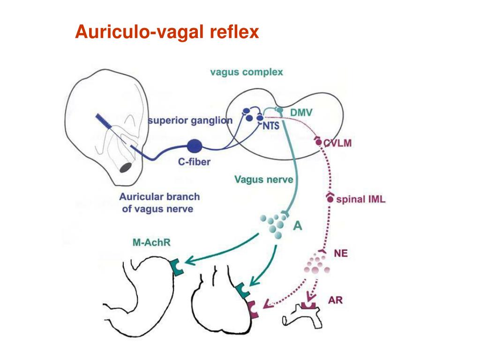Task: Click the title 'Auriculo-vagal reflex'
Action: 167,32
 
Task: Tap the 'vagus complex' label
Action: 247,72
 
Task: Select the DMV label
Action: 301,112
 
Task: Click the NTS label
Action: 271,126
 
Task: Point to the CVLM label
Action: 337,143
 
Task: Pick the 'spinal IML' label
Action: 360,199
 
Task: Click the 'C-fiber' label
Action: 195,161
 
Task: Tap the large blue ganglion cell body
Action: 195,146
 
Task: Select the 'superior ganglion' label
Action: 190,120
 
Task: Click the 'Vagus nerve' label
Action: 264,179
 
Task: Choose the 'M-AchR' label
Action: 151,242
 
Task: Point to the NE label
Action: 341,254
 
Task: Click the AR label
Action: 335,300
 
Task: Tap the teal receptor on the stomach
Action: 176,267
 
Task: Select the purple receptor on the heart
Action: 253,310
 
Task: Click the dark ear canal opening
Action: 126,167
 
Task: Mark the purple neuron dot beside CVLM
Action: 318,142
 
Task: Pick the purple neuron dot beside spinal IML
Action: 330,199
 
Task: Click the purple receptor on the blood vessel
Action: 308,306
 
